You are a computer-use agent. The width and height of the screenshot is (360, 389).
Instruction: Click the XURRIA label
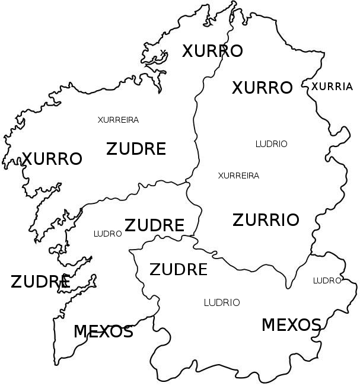click(x=332, y=87)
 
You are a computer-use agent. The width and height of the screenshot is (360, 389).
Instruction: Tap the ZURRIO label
click(x=266, y=220)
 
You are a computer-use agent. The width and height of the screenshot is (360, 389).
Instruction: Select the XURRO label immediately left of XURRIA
click(x=262, y=88)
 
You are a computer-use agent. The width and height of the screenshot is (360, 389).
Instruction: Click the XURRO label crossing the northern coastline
click(x=212, y=51)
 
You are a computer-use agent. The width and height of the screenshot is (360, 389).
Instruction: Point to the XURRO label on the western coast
click(x=52, y=159)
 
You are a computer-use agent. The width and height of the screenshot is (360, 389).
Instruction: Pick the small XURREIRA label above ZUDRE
click(x=118, y=120)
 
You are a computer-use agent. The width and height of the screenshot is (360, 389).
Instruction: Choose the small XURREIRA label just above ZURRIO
click(x=238, y=176)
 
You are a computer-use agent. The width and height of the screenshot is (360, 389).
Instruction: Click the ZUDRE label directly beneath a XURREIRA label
click(x=136, y=149)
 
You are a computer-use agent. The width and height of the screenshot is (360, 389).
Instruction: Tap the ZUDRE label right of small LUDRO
click(x=154, y=225)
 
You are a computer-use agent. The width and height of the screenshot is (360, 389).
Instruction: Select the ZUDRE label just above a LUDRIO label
click(x=179, y=270)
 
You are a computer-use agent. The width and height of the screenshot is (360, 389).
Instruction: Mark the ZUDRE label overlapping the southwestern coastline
click(x=40, y=282)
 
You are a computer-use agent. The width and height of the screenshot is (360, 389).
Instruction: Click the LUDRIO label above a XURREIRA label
click(x=271, y=144)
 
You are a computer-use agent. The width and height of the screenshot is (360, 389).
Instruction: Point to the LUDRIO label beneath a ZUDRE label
click(x=222, y=303)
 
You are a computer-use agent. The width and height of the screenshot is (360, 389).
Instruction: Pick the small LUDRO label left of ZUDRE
click(x=107, y=234)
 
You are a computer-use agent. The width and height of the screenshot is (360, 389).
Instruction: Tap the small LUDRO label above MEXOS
click(x=327, y=280)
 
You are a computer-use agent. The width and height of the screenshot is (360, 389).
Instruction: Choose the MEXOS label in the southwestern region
click(x=103, y=331)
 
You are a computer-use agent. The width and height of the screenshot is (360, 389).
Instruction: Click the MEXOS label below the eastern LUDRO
click(x=291, y=325)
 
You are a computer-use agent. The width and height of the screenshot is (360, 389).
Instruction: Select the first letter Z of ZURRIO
click(x=238, y=220)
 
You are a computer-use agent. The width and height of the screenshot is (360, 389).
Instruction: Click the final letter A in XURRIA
click(x=348, y=87)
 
